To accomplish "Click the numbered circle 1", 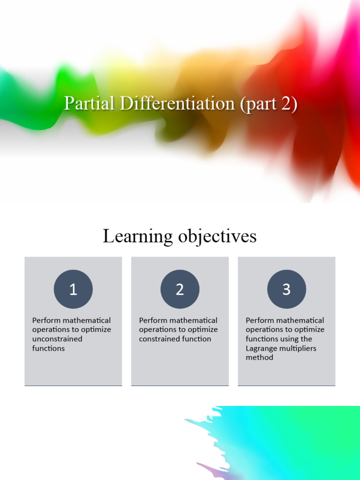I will click(x=73, y=289).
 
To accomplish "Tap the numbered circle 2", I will click(x=180, y=289).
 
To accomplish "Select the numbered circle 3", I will click(x=286, y=289).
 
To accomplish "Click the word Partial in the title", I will click(x=89, y=103).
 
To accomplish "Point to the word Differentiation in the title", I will click(x=177, y=103).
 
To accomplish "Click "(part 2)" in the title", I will click(x=269, y=104).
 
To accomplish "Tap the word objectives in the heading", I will click(x=217, y=236).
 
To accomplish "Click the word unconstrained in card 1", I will click(x=57, y=339).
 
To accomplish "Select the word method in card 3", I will click(x=259, y=357).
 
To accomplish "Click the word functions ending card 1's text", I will click(x=48, y=348).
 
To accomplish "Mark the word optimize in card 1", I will click(x=96, y=330).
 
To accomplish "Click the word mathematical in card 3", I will click(x=300, y=321).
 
